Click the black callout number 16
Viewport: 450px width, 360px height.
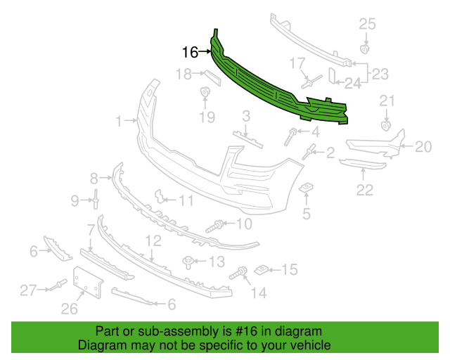(x=190, y=52)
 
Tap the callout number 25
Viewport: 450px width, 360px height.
(x=367, y=24)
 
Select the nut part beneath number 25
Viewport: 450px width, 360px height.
(x=364, y=49)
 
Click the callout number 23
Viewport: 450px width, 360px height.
(x=380, y=74)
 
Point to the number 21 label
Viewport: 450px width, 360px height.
(x=387, y=101)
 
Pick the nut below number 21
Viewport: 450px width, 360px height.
(x=386, y=126)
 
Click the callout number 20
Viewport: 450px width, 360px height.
(x=423, y=147)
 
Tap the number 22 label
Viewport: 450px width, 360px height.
(x=365, y=190)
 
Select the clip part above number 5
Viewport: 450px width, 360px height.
(x=306, y=188)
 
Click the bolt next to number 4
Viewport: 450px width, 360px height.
(x=290, y=137)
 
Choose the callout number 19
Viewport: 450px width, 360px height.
(x=207, y=117)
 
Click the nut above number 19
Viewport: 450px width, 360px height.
(x=205, y=92)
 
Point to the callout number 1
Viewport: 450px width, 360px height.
(x=119, y=121)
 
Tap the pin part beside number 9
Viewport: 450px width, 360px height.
(x=96, y=199)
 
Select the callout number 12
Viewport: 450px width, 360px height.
(x=153, y=241)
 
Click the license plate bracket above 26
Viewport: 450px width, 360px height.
(x=87, y=283)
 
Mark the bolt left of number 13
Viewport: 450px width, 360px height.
(x=188, y=263)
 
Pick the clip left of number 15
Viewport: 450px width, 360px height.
(x=261, y=270)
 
